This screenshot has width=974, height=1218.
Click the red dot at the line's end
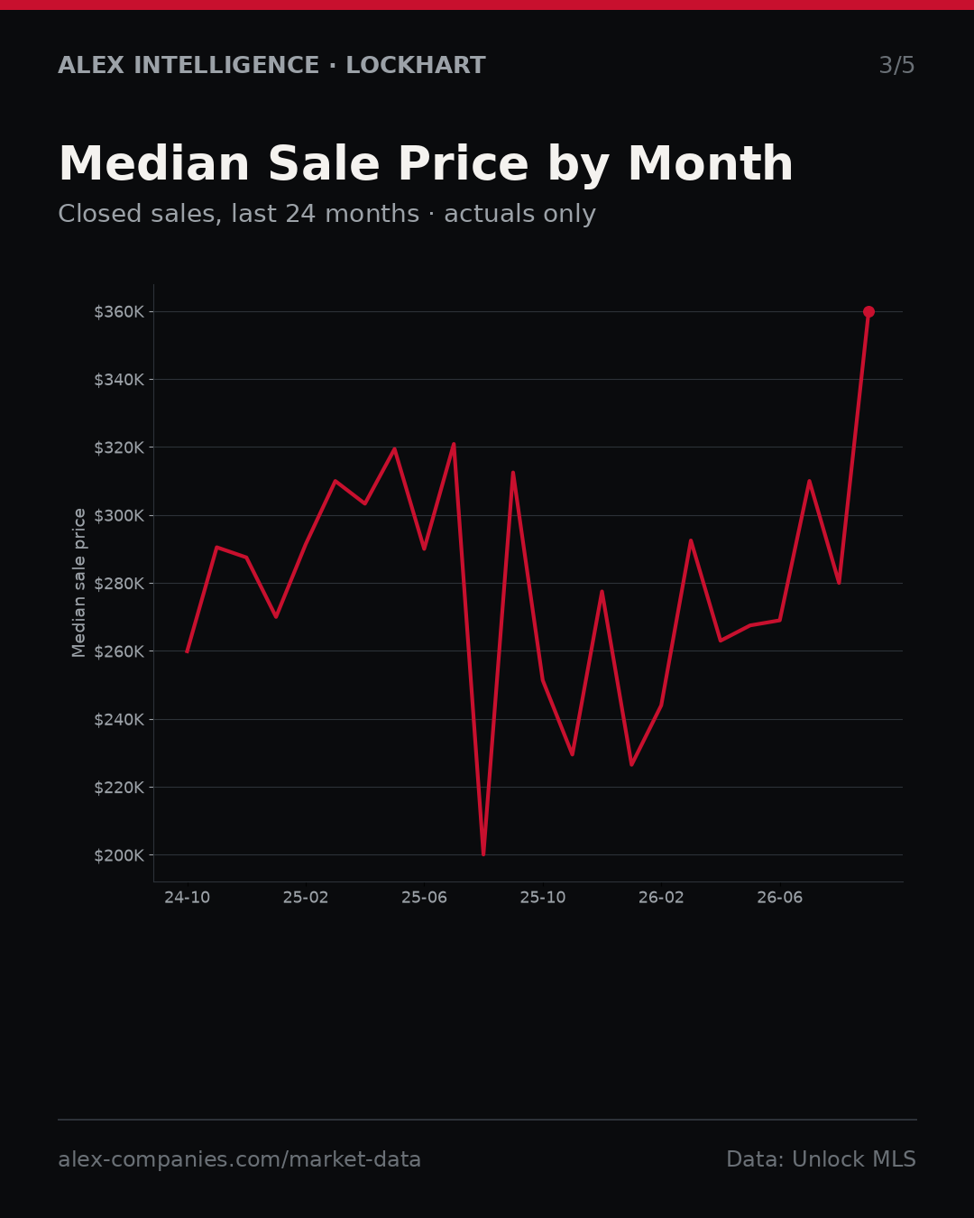point(868,312)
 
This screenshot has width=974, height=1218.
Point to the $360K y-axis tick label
point(119,312)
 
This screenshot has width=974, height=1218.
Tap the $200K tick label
point(119,855)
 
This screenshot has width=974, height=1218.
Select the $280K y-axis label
point(119,584)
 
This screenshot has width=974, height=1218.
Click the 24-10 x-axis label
point(188,898)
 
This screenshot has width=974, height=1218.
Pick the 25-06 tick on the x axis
point(425,898)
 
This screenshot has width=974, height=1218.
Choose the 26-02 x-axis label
point(662,898)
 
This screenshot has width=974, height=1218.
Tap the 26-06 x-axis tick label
point(780,898)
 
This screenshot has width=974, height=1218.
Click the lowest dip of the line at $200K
point(483,854)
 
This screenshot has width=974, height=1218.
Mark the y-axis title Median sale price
point(79,583)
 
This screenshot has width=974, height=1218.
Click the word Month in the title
point(711,164)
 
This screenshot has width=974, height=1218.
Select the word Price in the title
point(463,164)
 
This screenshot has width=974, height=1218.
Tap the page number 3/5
point(897,65)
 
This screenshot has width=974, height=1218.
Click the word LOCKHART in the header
point(416,65)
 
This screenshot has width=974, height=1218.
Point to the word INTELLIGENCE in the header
point(226,65)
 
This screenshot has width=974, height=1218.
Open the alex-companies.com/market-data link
point(239,1159)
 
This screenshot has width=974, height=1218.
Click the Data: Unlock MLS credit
point(822,1159)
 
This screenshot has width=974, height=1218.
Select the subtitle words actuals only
point(519,214)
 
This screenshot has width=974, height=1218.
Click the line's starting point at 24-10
point(188,651)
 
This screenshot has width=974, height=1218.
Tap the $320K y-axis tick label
point(119,448)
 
